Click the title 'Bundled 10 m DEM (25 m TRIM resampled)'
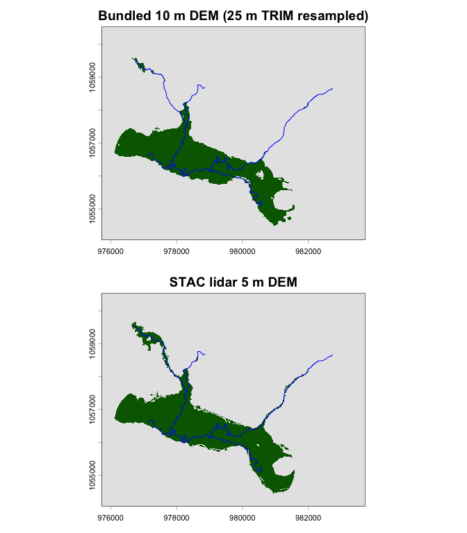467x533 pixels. click(x=233, y=15)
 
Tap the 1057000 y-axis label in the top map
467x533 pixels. click(x=92, y=143)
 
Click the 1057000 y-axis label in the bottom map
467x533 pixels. click(x=92, y=409)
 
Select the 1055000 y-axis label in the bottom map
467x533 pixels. click(x=92, y=475)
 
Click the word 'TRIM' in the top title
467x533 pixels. click(x=272, y=15)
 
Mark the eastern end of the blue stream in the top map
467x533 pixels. click(x=333, y=88)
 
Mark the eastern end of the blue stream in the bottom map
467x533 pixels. click(x=333, y=355)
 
